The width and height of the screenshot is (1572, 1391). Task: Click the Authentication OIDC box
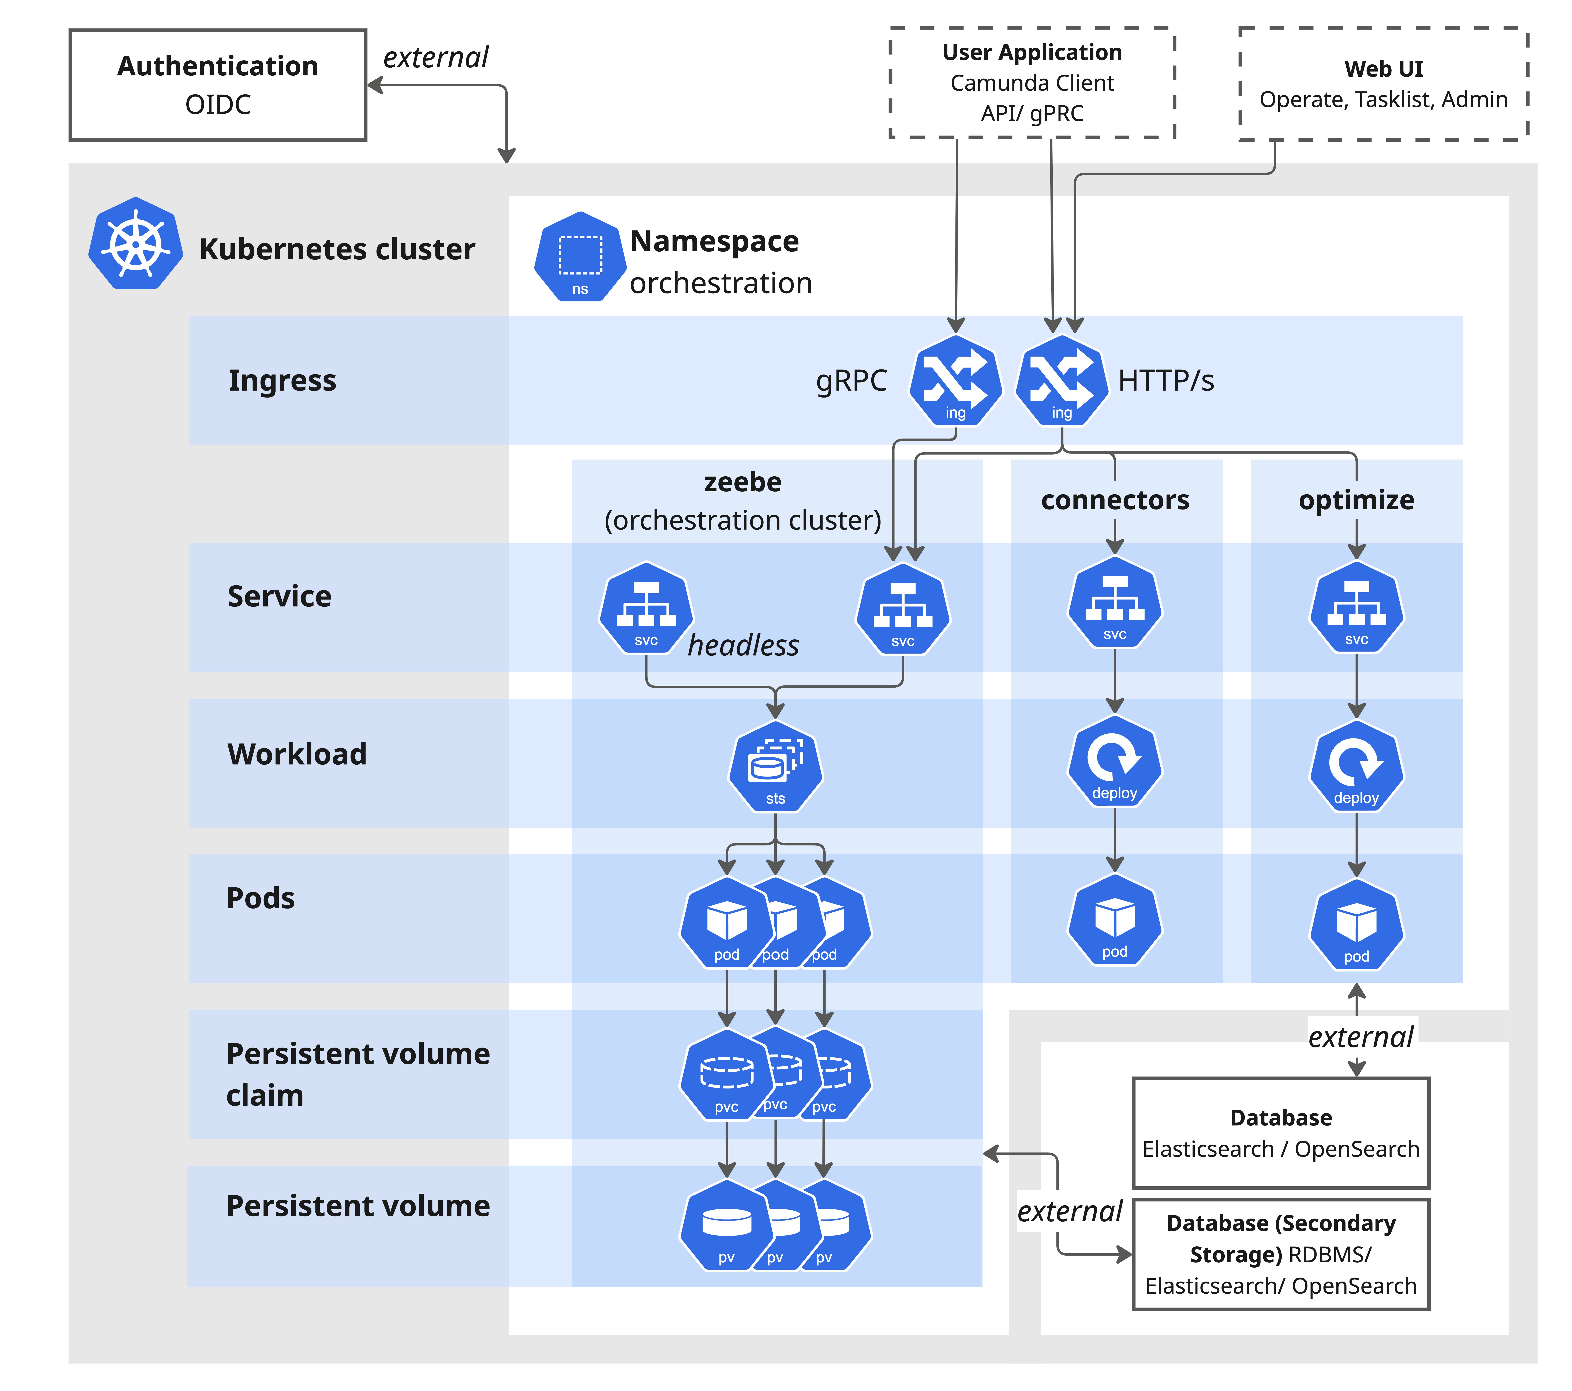click(218, 84)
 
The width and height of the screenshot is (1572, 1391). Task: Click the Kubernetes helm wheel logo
click(135, 244)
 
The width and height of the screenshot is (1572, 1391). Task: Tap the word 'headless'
click(743, 645)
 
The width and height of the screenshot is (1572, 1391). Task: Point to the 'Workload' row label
click(297, 753)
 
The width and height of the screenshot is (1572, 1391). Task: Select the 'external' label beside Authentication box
click(435, 58)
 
